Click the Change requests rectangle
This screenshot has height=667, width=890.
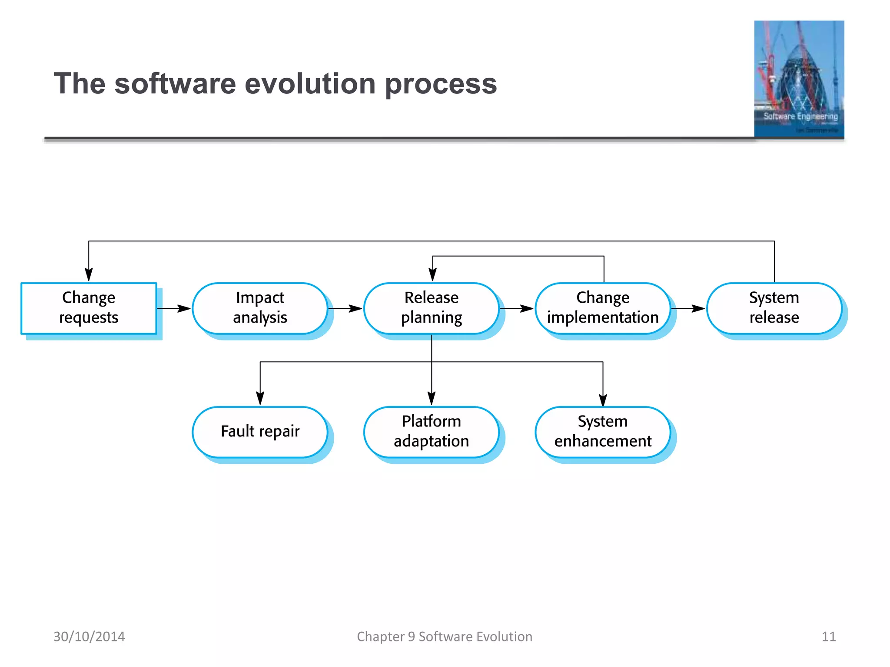tap(89, 308)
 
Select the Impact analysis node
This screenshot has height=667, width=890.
tap(260, 308)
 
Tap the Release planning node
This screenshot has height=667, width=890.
tap(431, 308)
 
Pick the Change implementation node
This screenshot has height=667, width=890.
tap(603, 308)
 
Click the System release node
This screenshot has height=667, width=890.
tap(774, 308)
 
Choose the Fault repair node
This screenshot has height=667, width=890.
tap(260, 432)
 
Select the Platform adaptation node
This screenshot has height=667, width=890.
tap(431, 432)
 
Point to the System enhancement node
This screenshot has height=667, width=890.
tap(603, 432)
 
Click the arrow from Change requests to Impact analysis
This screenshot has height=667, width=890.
tap(174, 309)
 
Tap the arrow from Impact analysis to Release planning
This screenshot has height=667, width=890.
tap(345, 309)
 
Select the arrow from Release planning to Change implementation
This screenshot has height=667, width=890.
tap(517, 309)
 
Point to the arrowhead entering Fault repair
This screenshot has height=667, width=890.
tap(260, 398)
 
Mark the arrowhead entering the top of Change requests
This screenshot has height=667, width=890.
tap(89, 274)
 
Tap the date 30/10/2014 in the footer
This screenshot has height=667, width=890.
tap(89, 637)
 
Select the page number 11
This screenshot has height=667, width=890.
tap(828, 637)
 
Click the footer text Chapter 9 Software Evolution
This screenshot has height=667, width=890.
tap(445, 637)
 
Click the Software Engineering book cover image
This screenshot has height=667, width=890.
tap(799, 79)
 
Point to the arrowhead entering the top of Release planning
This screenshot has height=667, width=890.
tap(433, 274)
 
